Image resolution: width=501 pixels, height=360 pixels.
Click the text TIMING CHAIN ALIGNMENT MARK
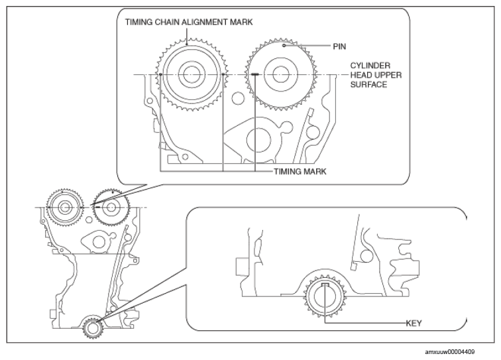(x=188, y=22)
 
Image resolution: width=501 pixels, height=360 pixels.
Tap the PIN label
(x=339, y=46)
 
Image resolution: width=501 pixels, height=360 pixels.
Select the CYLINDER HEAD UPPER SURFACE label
(x=376, y=75)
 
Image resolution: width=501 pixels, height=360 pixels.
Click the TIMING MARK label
(x=300, y=172)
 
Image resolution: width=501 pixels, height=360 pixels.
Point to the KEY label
(x=414, y=324)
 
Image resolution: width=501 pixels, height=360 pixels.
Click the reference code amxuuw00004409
(x=449, y=352)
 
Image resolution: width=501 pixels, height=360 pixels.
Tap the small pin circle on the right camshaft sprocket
(x=284, y=46)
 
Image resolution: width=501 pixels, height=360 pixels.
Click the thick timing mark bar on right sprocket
(x=255, y=74)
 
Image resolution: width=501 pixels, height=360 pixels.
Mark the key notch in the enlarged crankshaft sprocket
(x=325, y=284)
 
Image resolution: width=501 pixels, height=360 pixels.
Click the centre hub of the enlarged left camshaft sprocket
(x=191, y=74)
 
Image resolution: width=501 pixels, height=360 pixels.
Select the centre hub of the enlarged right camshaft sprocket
(x=280, y=74)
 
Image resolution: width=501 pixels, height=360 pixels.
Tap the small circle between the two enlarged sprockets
(x=238, y=98)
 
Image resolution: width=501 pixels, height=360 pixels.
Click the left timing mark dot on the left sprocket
(x=160, y=74)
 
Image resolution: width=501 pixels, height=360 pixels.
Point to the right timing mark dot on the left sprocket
(x=223, y=74)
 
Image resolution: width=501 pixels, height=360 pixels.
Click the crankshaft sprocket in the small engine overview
(x=93, y=328)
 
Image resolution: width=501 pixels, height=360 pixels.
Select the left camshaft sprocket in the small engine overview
(x=65, y=208)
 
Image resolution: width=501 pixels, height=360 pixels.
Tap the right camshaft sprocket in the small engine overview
(x=111, y=207)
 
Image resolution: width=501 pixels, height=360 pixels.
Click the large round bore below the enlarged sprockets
(x=258, y=140)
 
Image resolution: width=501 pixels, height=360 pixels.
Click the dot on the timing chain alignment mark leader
(x=187, y=45)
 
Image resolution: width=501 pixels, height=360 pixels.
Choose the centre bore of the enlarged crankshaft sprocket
(x=325, y=297)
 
